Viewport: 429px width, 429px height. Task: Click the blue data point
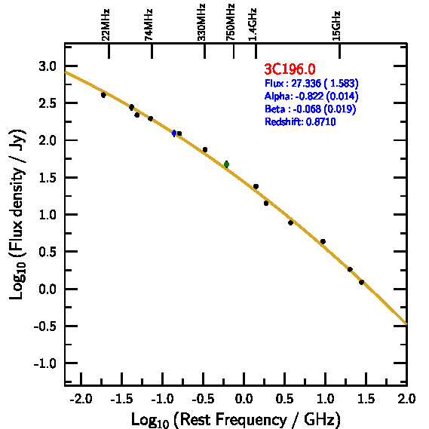click(x=174, y=133)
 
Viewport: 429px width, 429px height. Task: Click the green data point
click(x=226, y=164)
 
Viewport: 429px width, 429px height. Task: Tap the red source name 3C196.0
click(x=290, y=69)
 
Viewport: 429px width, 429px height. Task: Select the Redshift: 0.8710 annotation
click(x=300, y=121)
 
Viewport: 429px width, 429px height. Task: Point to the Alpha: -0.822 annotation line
click(x=311, y=96)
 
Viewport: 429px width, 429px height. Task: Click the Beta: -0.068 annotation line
click(x=311, y=109)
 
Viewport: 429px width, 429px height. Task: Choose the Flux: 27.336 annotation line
click(x=311, y=83)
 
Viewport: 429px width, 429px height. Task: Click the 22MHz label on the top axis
click(x=106, y=25)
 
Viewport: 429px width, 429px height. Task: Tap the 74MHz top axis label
click(x=149, y=25)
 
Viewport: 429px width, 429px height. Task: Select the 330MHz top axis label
click(x=201, y=23)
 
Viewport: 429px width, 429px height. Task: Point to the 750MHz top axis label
click(x=230, y=23)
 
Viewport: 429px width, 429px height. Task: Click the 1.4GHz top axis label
click(x=253, y=25)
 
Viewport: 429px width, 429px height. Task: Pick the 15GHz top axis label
click(x=336, y=26)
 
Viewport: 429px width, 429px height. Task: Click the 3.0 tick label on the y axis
click(x=47, y=66)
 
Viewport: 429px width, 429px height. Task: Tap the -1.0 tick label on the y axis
click(x=45, y=363)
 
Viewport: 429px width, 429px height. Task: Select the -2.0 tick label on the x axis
click(x=81, y=399)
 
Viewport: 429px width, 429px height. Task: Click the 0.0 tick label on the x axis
click(x=244, y=399)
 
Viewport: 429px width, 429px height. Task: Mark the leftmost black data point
click(x=103, y=95)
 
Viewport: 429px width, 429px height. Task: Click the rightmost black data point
click(x=361, y=282)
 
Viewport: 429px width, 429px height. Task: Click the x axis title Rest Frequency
click(x=235, y=419)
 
